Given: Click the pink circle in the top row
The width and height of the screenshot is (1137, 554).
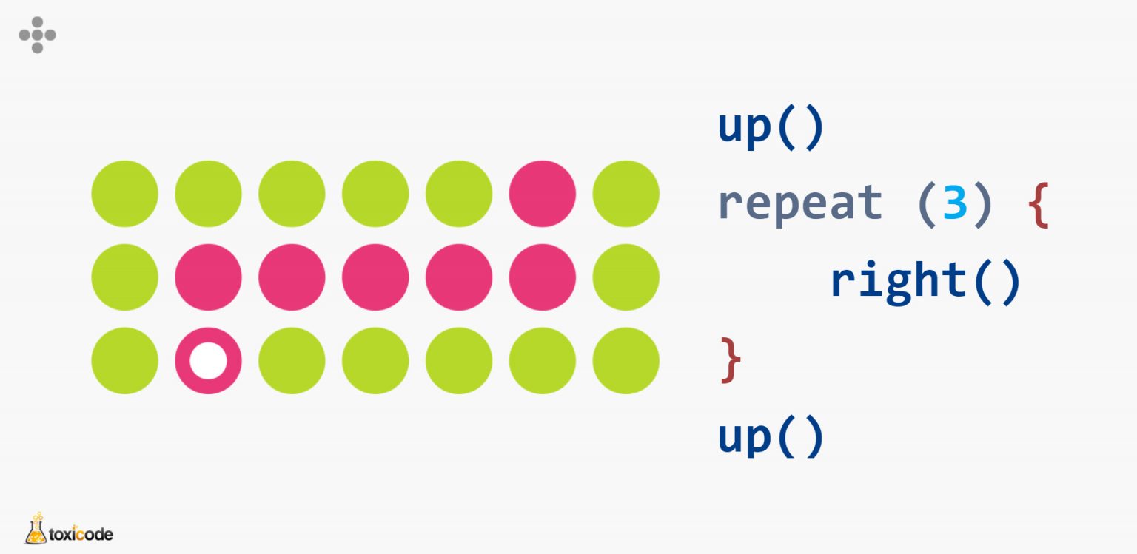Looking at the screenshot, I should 542,194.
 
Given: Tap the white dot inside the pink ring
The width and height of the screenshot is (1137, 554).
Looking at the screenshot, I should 208,361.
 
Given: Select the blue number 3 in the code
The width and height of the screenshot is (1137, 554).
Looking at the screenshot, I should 955,203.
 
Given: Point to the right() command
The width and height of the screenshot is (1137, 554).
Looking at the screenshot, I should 925,281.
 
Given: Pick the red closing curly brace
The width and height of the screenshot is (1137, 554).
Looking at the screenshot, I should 730,360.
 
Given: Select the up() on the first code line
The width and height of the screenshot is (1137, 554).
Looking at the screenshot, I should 771,128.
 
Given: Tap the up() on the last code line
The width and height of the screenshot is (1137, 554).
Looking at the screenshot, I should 771,436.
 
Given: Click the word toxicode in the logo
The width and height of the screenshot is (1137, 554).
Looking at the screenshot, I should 81,533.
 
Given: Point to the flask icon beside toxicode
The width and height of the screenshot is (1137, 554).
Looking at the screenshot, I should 36,528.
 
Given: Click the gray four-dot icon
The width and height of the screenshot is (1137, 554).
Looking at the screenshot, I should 37,35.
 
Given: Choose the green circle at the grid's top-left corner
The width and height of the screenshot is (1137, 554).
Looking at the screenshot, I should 124,194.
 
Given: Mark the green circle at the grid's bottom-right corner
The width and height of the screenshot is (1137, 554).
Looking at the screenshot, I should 625,361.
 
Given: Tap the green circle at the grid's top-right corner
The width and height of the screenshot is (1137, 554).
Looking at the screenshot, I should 625,194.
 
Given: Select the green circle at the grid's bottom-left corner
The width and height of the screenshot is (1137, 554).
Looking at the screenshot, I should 124,361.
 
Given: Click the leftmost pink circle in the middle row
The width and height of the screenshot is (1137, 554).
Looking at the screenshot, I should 208,277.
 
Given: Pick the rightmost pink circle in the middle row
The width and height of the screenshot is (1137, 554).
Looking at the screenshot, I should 542,277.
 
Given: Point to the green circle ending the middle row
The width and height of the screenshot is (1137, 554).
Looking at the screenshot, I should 625,277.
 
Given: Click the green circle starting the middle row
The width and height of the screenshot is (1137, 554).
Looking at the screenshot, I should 124,277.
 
